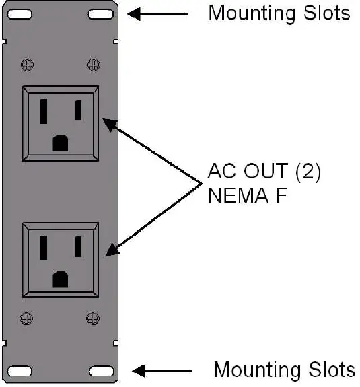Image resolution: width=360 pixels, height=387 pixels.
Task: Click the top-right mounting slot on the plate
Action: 100,14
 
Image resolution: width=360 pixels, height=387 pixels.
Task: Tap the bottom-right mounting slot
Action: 100,371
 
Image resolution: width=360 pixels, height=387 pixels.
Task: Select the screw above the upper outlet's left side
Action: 28,65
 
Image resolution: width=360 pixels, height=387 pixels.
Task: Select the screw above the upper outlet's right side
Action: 92,65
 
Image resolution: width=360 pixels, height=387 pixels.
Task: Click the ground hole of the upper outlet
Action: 61,142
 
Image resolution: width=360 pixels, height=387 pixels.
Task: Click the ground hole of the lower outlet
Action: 61,278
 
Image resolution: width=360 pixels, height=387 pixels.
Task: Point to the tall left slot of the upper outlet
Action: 44,111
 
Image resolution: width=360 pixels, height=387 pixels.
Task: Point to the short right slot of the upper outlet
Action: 78,109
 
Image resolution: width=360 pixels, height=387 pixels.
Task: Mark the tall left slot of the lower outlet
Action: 44,247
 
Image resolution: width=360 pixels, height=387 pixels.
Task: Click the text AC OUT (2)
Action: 264,172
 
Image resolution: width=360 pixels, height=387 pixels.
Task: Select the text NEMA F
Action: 246,197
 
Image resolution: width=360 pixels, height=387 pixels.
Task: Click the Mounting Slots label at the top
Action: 279,13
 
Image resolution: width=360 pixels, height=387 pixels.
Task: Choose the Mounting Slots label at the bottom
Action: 283,370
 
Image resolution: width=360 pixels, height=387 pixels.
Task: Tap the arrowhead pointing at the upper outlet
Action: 108,122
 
